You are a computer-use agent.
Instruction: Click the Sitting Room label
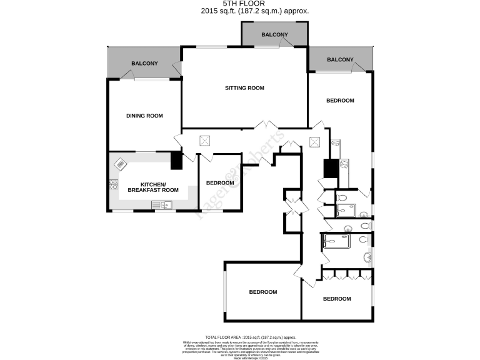click(x=244, y=88)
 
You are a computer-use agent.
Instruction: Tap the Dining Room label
click(x=144, y=116)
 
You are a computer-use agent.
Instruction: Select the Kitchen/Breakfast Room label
click(x=153, y=187)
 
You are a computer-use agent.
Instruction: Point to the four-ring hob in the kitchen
click(x=114, y=184)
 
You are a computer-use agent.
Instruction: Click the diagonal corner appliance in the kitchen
click(x=119, y=164)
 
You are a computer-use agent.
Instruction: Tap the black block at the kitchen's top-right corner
click(x=176, y=161)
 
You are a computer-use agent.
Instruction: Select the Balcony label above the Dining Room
click(x=144, y=64)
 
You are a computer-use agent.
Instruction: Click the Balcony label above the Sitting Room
click(x=274, y=34)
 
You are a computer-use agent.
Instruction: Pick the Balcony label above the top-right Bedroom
click(x=340, y=60)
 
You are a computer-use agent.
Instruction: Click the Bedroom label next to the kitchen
click(x=220, y=183)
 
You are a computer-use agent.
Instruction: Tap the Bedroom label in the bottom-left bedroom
click(x=262, y=292)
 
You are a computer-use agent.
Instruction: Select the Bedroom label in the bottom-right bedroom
click(x=337, y=299)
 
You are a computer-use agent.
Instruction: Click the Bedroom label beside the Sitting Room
click(x=340, y=101)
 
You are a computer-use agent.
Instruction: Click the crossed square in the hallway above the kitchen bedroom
click(x=204, y=141)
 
